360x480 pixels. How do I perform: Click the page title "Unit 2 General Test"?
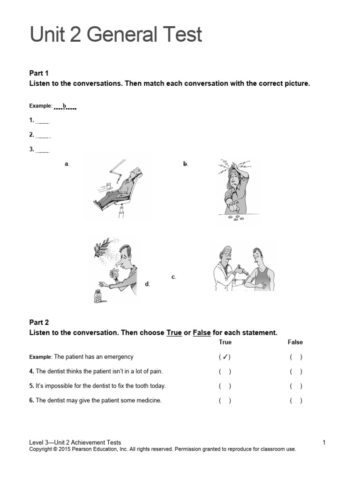(x=116, y=35)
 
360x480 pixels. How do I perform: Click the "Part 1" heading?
(x=39, y=73)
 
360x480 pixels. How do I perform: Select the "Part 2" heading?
(x=39, y=322)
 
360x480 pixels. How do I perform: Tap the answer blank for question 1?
(x=43, y=121)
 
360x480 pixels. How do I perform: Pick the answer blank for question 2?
(x=43, y=136)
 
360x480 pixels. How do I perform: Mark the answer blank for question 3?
(x=43, y=150)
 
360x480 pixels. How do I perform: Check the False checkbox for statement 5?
(x=296, y=386)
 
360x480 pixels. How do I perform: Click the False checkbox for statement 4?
(x=296, y=372)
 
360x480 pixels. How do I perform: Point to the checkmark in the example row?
(x=225, y=357)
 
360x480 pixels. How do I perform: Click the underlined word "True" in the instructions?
(x=174, y=333)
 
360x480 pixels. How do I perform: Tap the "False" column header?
(x=295, y=342)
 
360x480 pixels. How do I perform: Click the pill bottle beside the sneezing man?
(x=98, y=296)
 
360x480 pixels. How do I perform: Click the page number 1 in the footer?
(x=324, y=442)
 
